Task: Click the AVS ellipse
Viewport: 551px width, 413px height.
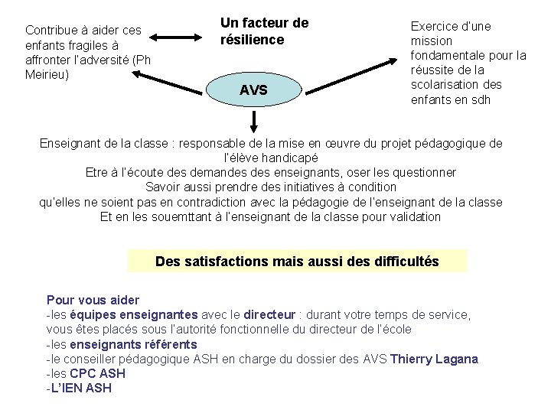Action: (x=253, y=90)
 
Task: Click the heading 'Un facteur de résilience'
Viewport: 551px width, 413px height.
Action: (x=264, y=31)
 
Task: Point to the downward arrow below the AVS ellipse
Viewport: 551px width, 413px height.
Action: (x=253, y=122)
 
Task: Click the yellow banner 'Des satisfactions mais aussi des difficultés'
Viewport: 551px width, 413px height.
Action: (x=297, y=262)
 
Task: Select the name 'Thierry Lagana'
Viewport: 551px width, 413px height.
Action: (x=434, y=359)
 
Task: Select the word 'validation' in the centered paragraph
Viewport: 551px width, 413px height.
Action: (x=414, y=216)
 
